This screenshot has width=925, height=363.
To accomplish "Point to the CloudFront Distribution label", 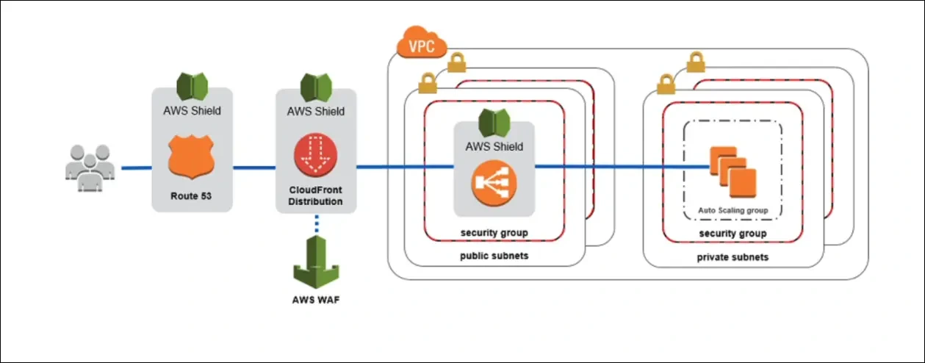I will pos(316,195).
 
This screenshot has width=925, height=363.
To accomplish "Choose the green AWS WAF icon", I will pos(316,262).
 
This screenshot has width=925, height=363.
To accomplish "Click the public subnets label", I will pos(494,256).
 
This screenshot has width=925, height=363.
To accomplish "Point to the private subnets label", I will pos(733,257).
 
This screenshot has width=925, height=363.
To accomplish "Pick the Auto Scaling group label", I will pos(733,210).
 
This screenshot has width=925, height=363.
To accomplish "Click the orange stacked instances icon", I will pos(733,170).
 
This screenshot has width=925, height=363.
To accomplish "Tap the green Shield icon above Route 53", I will pos(192,87).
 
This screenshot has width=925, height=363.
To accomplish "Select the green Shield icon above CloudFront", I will pos(316,87).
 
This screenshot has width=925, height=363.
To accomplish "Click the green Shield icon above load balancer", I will pos(494,122).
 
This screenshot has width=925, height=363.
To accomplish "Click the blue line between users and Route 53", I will pos(136,168).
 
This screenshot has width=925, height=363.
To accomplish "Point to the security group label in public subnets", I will pos(494,233).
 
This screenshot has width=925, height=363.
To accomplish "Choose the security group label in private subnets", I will pos(733,233).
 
